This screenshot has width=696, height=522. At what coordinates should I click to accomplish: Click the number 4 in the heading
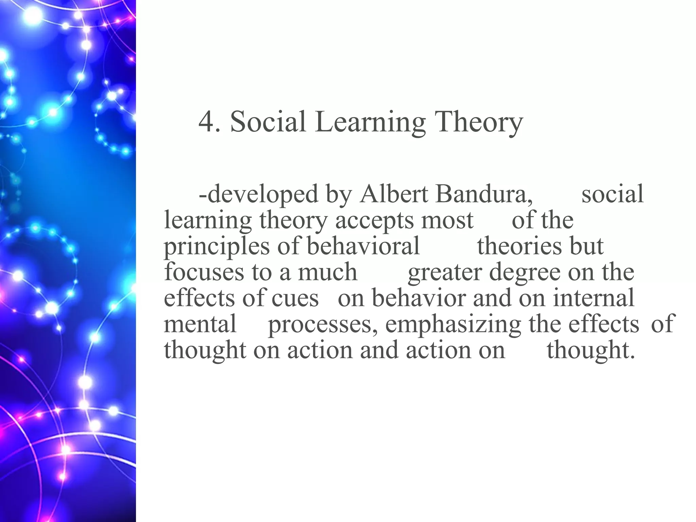click(205, 122)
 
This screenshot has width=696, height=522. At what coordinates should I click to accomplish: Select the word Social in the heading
click(268, 122)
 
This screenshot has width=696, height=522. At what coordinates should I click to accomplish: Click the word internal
click(593, 298)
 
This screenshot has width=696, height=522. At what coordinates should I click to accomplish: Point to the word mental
click(200, 324)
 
